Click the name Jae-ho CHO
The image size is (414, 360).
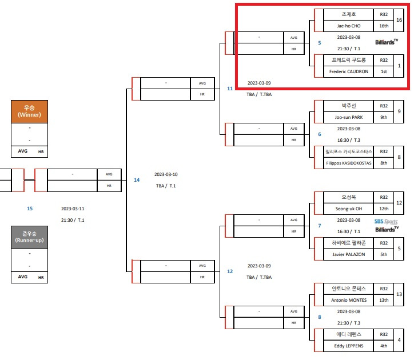348,26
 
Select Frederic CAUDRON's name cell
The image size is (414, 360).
348,71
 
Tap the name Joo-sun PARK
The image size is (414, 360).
348,117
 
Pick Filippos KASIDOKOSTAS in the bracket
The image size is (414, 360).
348,163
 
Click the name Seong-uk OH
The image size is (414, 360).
348,209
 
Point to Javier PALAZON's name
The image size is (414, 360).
348,254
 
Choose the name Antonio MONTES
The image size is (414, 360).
348,300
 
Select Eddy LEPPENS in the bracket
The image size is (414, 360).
348,346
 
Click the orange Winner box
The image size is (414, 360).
29,111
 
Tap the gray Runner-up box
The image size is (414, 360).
29,237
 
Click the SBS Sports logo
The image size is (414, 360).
386,222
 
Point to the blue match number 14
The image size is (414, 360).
137,180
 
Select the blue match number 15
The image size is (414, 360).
30,209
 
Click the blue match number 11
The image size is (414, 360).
230,89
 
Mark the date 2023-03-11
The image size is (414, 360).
73,209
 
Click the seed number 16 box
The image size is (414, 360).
399,20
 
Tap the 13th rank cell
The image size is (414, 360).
384,300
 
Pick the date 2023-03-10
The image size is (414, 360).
166,174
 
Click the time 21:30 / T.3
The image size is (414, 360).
348,323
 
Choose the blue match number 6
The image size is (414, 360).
320,134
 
